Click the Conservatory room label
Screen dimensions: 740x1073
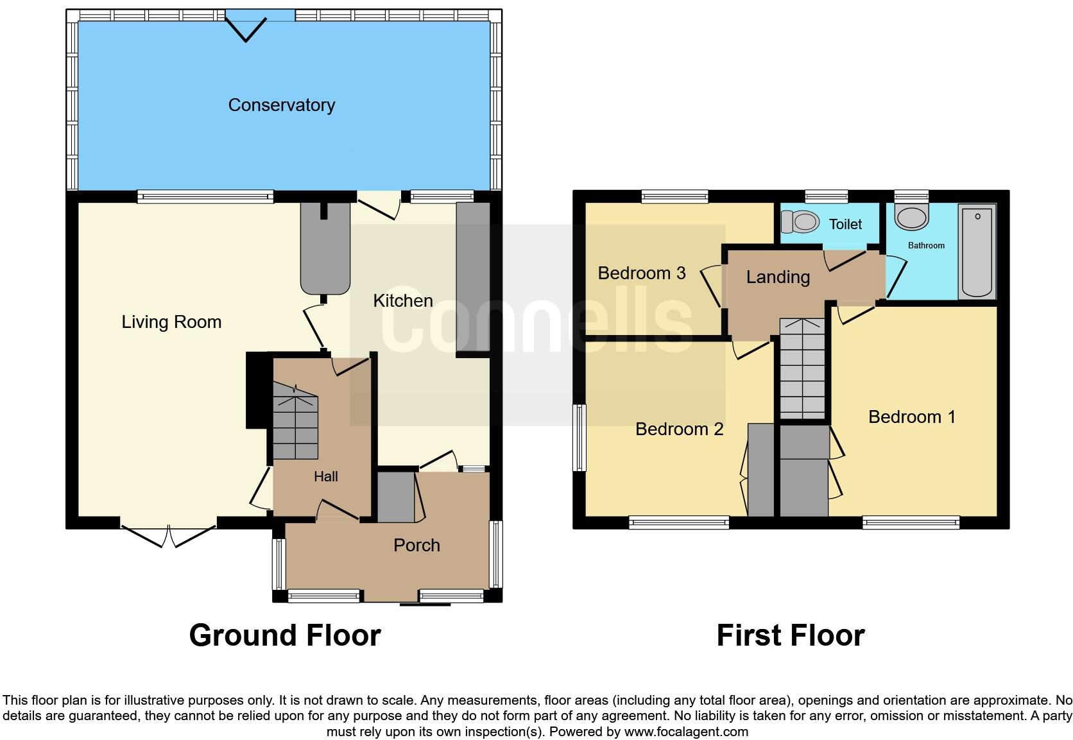point(281,105)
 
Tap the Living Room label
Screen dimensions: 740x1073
point(171,322)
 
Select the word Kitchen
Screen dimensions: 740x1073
point(403,301)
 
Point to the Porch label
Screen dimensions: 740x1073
point(416,546)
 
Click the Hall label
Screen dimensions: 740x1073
point(326,477)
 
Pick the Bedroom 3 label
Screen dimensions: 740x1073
point(642,273)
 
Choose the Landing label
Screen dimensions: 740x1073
point(778,277)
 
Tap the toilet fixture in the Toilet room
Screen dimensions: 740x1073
point(800,223)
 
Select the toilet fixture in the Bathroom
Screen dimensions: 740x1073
point(912,217)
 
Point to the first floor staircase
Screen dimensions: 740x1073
point(802,370)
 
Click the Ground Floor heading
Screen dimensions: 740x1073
point(285,635)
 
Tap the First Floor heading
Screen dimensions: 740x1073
point(790,635)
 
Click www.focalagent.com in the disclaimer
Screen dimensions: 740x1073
point(686,732)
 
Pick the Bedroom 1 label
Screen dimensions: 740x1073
point(911,417)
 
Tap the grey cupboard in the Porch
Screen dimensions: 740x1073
point(396,498)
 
